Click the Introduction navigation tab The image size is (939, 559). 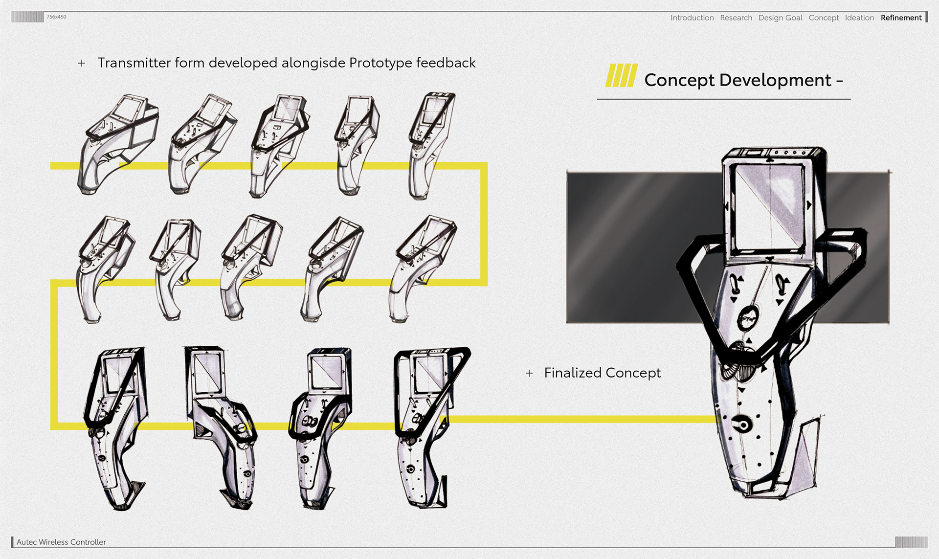[x=692, y=18]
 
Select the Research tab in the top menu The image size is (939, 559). [x=736, y=18]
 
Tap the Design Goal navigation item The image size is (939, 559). [x=780, y=18]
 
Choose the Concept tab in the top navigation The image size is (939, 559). [x=824, y=18]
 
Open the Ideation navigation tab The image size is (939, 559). [x=859, y=18]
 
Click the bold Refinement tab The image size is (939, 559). [x=901, y=18]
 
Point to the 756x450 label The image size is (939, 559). [x=56, y=17]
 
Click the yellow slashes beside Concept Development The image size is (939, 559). [x=621, y=76]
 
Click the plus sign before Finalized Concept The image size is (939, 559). [x=529, y=373]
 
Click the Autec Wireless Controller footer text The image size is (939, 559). [x=61, y=542]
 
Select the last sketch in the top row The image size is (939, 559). [x=430, y=144]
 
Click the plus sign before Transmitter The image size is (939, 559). [x=81, y=63]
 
